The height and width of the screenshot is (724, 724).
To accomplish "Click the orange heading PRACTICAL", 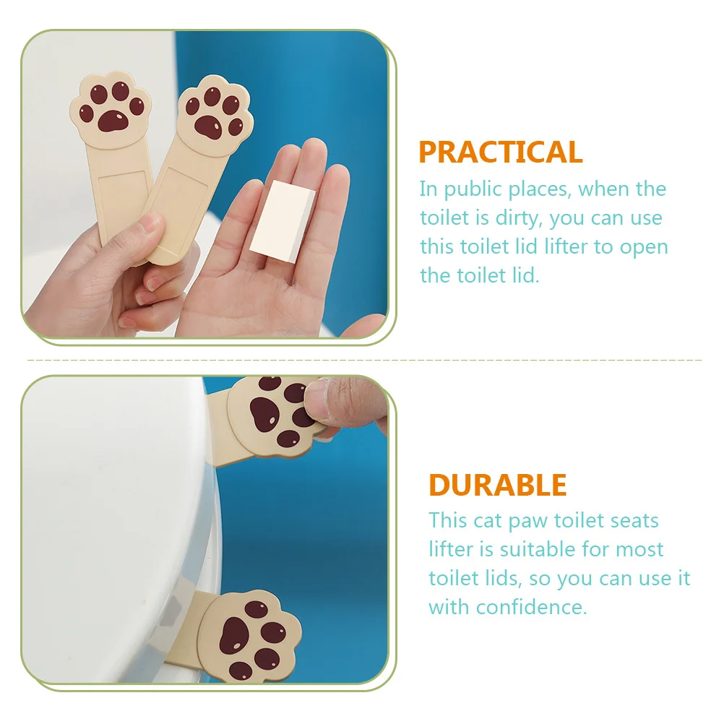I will coord(500,152).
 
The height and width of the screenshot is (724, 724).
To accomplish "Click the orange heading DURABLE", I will coord(497,485).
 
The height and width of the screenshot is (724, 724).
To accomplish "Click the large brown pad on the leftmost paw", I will coord(111,121).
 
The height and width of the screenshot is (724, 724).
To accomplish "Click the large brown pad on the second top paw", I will coord(210,126).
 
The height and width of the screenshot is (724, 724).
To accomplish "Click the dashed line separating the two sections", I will coord(361,359).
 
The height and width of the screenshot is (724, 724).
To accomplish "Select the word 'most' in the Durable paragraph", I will coord(639,549).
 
